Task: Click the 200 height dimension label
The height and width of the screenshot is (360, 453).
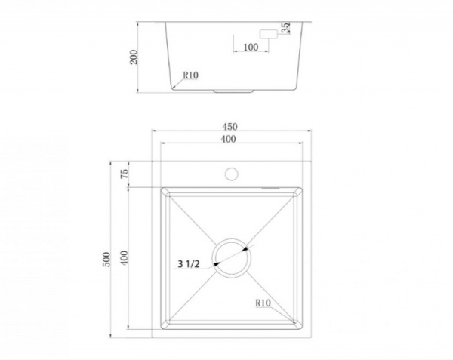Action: [x=134, y=57]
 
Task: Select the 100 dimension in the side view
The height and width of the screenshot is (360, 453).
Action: [x=251, y=47]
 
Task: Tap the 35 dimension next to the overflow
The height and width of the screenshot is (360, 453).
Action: [x=285, y=28]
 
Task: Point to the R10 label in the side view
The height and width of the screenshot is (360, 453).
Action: [x=191, y=75]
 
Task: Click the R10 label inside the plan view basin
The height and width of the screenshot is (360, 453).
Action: [x=263, y=303]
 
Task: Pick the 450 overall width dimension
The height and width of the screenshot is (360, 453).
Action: [x=230, y=127]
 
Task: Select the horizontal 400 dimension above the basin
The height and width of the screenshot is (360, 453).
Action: [x=228, y=139]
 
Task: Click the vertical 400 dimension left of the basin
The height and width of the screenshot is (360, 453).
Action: [x=124, y=258]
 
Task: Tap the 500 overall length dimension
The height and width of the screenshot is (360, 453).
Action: [x=106, y=260]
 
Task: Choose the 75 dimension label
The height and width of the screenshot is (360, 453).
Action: [x=124, y=174]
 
